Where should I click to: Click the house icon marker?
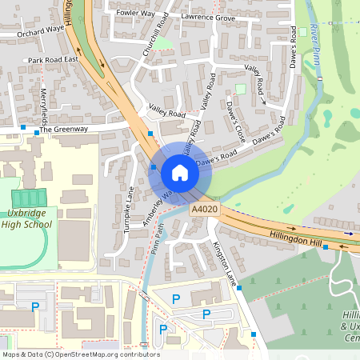tap(180, 172)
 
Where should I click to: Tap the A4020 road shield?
tap(205, 210)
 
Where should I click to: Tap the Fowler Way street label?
tap(135, 14)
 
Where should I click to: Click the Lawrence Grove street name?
tap(208, 17)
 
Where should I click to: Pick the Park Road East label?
tap(53, 60)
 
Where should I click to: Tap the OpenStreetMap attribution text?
tap(80, 354)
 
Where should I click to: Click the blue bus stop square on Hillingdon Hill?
tap(325, 248)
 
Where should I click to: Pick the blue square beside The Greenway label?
tap(23, 128)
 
